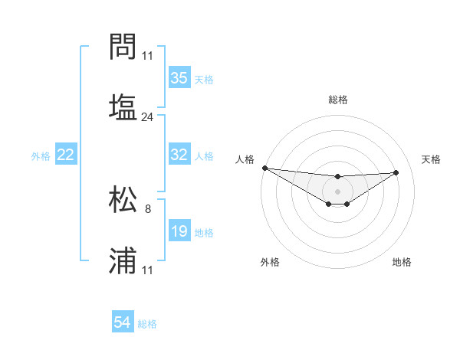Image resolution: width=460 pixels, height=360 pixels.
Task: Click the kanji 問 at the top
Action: tap(123, 48)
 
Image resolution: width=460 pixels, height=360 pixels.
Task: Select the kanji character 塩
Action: tap(123, 106)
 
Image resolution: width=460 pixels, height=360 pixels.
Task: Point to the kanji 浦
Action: tap(123, 260)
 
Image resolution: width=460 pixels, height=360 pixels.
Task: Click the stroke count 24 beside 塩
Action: tap(148, 117)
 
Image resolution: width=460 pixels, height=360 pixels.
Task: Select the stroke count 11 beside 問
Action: tap(148, 55)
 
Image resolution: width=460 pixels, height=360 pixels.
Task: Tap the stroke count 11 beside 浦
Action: tap(148, 270)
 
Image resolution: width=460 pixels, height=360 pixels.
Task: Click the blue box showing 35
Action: tap(179, 77)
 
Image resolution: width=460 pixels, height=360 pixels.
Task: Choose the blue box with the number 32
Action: tap(179, 155)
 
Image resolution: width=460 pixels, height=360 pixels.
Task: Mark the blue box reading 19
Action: tap(179, 231)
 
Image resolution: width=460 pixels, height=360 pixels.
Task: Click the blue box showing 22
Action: tap(66, 155)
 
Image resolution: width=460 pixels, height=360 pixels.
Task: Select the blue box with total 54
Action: tap(123, 323)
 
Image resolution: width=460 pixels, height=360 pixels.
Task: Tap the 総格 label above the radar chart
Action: tap(337, 100)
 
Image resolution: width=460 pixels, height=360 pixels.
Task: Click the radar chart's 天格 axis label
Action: tap(431, 159)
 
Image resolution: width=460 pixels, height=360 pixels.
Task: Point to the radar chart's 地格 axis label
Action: tap(402, 263)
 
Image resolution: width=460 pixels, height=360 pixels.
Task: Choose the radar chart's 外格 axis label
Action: tap(270, 263)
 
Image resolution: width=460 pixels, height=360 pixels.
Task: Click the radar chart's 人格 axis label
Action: tap(244, 159)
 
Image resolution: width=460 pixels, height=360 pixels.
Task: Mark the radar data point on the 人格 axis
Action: tap(264, 168)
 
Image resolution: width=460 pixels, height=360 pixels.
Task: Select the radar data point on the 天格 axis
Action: tap(396, 172)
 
